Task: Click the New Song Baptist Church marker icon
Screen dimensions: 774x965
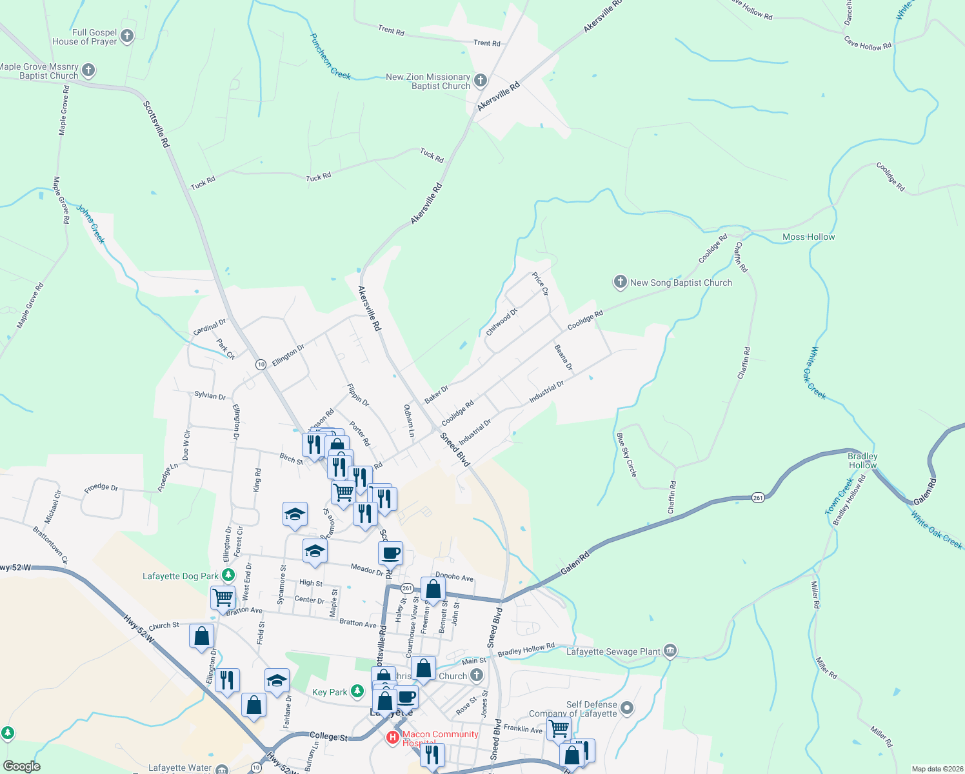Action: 620,282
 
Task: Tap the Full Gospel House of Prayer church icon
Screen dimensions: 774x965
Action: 127,36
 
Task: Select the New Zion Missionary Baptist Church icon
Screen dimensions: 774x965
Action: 480,81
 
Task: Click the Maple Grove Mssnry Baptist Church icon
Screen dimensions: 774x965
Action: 88,70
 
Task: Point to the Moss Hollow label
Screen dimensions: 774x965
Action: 808,237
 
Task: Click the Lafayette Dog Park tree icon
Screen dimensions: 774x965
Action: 228,575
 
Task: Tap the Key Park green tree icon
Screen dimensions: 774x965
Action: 357,691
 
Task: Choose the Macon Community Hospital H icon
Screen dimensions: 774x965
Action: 392,737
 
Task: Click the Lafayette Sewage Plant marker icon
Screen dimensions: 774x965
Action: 670,651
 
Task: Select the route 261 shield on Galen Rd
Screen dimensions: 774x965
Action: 758,497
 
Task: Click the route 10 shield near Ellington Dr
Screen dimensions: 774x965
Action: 261,364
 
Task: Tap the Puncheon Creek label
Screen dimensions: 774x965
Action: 330,56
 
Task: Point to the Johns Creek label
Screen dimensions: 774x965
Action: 90,224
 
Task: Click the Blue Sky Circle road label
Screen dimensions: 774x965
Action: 626,455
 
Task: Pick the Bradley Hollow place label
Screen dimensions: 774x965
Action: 862,461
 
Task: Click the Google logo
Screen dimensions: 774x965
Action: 21,766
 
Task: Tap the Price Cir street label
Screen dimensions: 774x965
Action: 540,284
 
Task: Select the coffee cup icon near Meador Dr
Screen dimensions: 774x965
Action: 390,553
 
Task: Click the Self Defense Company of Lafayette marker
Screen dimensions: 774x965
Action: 626,709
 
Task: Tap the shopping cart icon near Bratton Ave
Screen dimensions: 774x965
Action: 223,597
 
